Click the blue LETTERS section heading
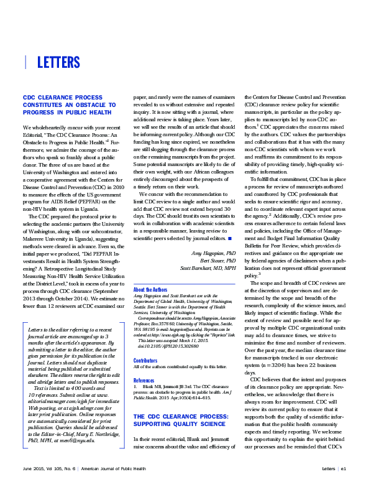pyautogui.click(x=58, y=62)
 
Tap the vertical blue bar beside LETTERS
pyautogui.click(x=25, y=62)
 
